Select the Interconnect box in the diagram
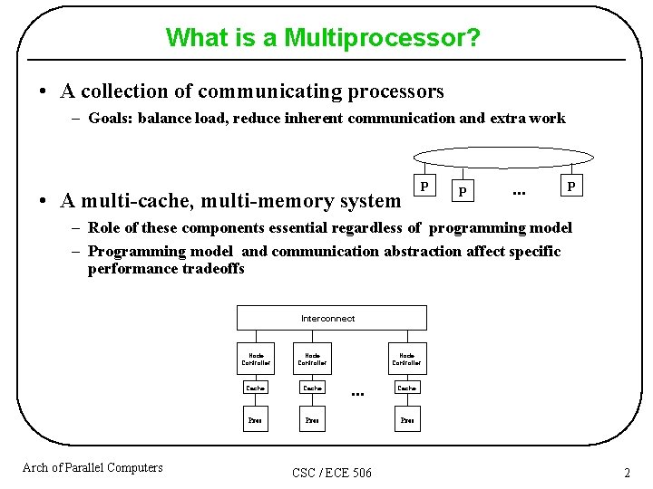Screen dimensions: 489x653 pyautogui.click(x=331, y=318)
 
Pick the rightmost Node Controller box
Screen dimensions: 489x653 pyautogui.click(x=407, y=360)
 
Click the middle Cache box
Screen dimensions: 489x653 pyautogui.click(x=313, y=388)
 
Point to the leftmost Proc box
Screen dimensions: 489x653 pyautogui.click(x=256, y=420)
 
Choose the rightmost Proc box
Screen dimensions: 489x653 pyautogui.click(x=407, y=420)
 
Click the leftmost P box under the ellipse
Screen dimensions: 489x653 pyautogui.click(x=423, y=186)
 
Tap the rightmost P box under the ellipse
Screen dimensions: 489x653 pyautogui.click(x=570, y=186)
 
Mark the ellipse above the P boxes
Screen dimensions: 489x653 pyautogui.click(x=506, y=157)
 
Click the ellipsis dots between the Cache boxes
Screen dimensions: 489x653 pyautogui.click(x=357, y=394)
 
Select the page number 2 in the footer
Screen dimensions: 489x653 pyautogui.click(x=627, y=473)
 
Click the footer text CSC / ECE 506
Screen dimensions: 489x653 pyautogui.click(x=332, y=473)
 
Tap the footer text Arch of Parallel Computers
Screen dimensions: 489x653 pyautogui.click(x=93, y=467)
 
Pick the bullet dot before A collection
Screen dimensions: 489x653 pyautogui.click(x=43, y=92)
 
